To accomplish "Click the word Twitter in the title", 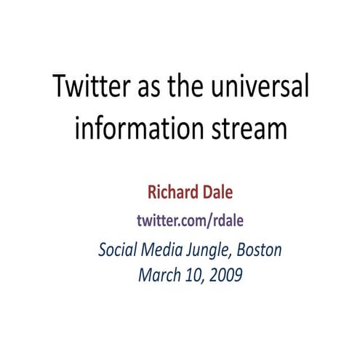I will click(92, 89).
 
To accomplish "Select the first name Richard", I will click(174, 193).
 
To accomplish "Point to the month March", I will click(158, 275).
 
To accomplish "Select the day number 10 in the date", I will click(192, 275).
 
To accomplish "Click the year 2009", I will click(224, 275).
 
